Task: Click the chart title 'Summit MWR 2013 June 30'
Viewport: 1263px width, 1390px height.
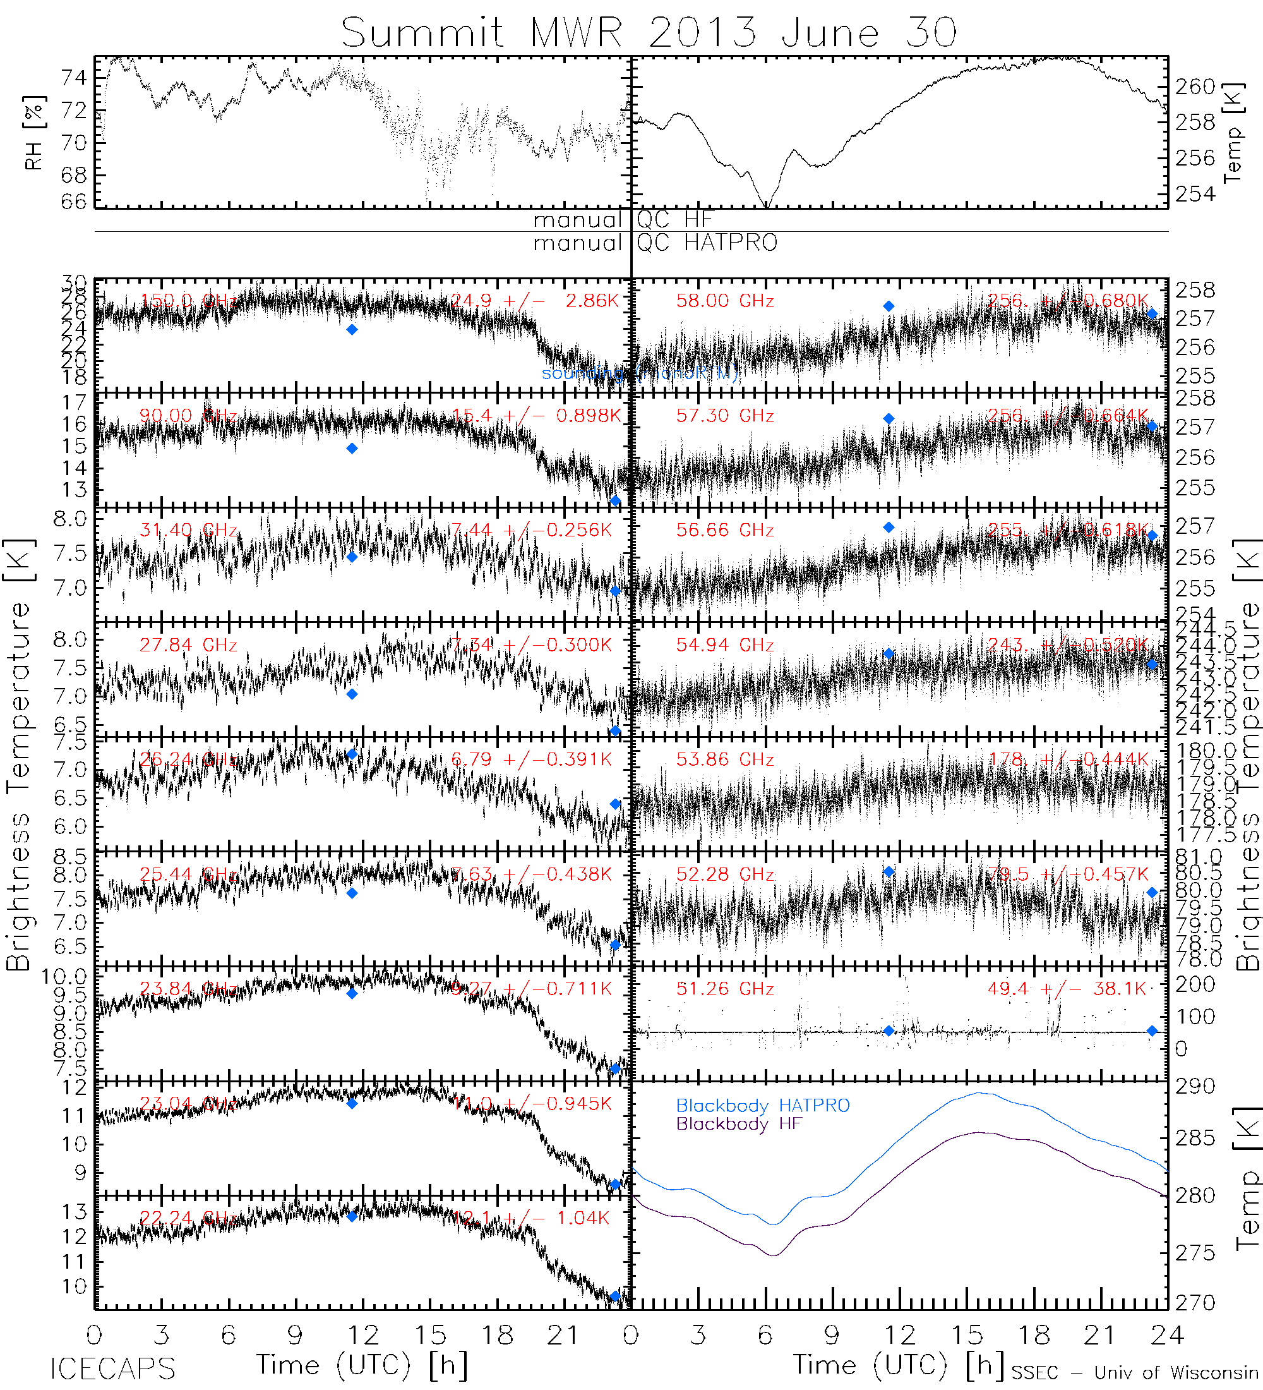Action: (649, 32)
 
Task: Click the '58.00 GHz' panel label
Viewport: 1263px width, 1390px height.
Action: (725, 301)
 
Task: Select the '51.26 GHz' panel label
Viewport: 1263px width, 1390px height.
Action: (725, 989)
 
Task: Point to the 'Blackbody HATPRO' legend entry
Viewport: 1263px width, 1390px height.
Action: (763, 1105)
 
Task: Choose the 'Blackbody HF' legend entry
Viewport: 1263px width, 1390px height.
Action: (739, 1124)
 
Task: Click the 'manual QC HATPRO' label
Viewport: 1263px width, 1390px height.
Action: (655, 243)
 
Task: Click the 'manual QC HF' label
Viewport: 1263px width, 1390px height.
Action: (622, 220)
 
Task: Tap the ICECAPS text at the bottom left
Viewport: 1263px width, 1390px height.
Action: (113, 1369)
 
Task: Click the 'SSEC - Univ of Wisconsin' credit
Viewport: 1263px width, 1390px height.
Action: (1135, 1372)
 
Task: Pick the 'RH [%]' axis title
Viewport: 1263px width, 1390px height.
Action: (33, 133)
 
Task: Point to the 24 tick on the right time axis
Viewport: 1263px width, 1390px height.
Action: (1167, 1336)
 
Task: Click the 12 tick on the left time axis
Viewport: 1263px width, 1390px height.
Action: (363, 1336)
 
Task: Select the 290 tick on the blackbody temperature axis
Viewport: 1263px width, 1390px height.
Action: (1195, 1087)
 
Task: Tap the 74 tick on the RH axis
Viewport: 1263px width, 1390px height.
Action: (74, 78)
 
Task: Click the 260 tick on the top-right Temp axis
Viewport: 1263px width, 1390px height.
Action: (1195, 87)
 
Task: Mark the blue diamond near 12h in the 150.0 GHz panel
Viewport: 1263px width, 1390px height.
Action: (352, 330)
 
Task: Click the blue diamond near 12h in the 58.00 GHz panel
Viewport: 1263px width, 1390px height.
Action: (889, 306)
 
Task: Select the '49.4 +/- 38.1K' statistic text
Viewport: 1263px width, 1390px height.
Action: (1067, 989)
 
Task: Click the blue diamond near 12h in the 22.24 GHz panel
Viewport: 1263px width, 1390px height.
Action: (352, 1216)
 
